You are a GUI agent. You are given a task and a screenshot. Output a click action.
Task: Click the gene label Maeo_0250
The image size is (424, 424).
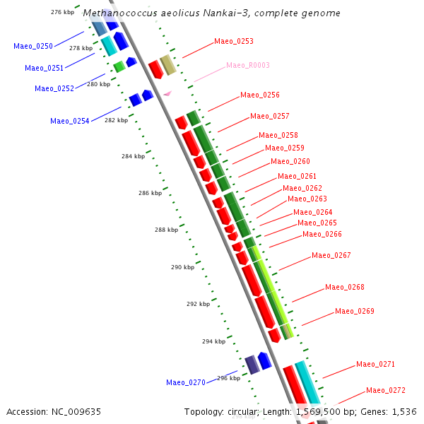click(33, 46)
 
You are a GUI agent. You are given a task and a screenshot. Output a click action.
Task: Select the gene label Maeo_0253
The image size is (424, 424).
click(234, 41)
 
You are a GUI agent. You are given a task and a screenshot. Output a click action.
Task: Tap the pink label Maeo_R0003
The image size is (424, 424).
click(248, 65)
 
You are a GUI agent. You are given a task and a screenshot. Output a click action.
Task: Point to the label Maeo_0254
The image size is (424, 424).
click(70, 121)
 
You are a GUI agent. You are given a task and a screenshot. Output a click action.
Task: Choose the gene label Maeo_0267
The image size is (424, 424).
click(331, 255)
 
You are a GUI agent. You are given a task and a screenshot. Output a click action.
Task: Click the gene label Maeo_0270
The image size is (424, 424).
click(186, 382)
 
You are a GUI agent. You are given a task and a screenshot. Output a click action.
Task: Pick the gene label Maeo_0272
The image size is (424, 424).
click(386, 390)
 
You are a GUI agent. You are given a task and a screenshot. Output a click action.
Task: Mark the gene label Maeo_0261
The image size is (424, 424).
click(298, 176)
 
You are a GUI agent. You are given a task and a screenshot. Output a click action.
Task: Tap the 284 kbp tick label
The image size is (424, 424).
click(133, 156)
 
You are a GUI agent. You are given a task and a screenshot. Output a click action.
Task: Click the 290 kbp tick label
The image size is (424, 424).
click(182, 267)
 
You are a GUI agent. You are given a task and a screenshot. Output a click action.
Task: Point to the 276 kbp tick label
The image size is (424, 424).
click(63, 13)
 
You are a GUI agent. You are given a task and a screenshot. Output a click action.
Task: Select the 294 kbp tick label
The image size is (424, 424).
click(213, 341)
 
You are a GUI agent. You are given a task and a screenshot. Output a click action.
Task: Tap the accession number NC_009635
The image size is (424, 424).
click(77, 411)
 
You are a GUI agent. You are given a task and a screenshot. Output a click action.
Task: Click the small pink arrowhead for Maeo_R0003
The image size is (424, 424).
click(167, 93)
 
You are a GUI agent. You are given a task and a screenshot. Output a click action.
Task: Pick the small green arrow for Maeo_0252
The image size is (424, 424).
click(119, 66)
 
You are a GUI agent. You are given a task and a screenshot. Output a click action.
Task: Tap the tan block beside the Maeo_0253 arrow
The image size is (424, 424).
click(168, 65)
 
